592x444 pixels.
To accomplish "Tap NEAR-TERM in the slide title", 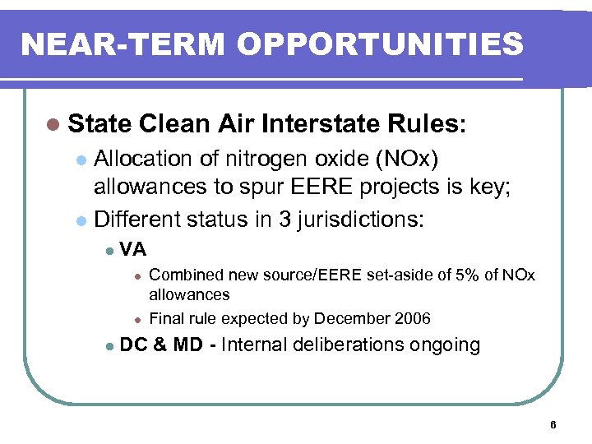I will (110, 44).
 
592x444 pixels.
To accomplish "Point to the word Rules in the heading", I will (423, 124).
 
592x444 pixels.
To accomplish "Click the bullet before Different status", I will (80, 220).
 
